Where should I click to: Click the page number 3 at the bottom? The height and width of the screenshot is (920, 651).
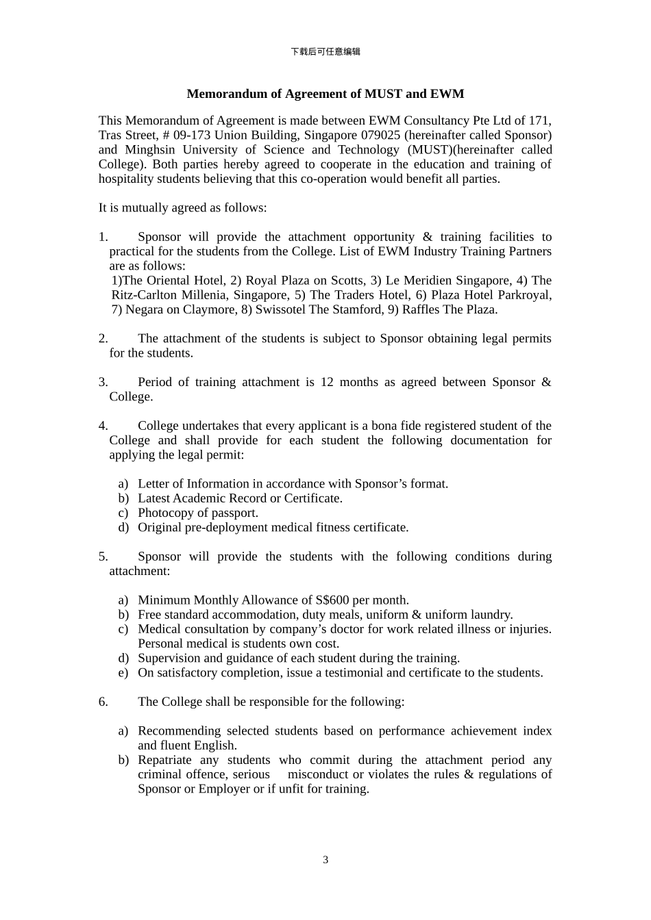(x=325, y=860)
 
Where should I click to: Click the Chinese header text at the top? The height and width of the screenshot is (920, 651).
(x=325, y=51)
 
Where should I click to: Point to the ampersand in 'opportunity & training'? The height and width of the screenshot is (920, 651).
(x=428, y=237)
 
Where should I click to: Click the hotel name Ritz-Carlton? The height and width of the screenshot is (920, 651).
(x=143, y=295)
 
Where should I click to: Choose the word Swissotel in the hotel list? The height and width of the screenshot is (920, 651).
(x=282, y=309)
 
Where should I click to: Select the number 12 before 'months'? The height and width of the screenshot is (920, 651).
(x=327, y=382)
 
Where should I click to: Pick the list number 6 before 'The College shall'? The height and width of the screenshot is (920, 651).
(x=103, y=702)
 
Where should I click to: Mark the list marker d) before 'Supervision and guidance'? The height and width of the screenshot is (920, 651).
(x=123, y=659)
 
